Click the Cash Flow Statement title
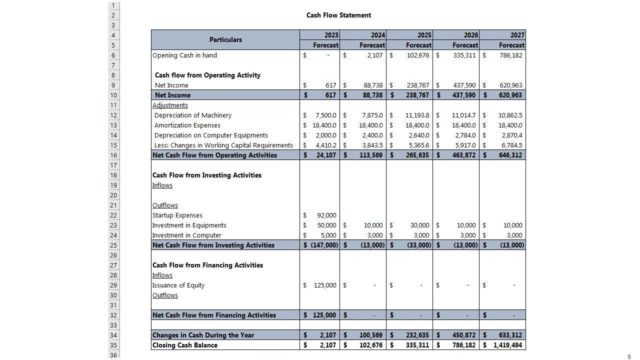tap(338, 15)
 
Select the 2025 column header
tap(424, 35)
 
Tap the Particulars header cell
tap(225, 40)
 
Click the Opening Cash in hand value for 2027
tap(510, 55)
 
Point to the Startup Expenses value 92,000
tap(326, 215)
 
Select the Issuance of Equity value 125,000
tap(325, 285)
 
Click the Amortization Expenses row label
tap(187, 125)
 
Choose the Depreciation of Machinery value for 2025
tap(417, 115)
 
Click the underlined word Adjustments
tap(170, 105)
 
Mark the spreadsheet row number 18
tap(113, 175)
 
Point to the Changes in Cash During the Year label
tap(203, 335)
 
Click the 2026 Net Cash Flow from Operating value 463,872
tap(463, 155)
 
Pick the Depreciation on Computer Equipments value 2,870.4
tap(511, 135)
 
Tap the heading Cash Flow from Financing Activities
tap(207, 265)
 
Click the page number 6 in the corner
tap(629, 356)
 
